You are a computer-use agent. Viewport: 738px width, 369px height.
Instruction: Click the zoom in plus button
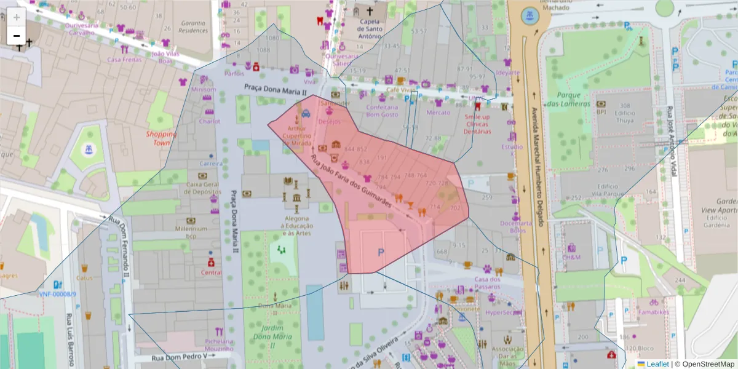click(17, 17)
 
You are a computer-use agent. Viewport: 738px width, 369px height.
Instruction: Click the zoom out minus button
click(17, 36)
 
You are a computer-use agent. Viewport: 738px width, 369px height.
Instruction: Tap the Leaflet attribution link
click(657, 364)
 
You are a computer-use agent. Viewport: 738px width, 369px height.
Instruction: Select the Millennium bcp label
click(191, 232)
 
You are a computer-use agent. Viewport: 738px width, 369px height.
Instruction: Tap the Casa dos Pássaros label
click(488, 284)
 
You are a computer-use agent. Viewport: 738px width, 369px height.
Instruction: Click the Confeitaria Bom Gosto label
click(382, 111)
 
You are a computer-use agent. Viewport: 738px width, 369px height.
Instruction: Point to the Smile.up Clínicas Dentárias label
click(478, 124)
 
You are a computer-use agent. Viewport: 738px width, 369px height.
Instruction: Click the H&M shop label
click(571, 257)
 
